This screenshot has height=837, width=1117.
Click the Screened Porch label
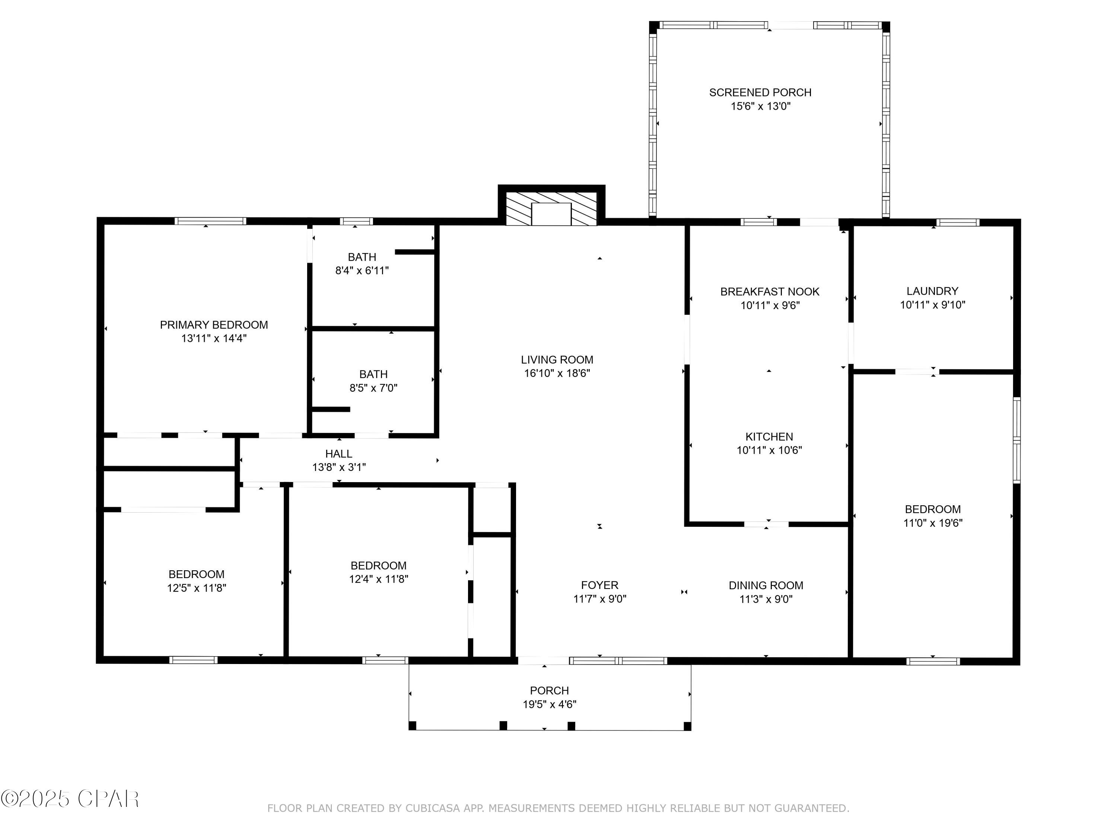760,92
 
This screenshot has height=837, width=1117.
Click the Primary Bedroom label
214,325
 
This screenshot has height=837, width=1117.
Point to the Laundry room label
932,291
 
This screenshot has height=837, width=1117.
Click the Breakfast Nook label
770,292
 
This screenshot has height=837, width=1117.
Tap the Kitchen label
769,436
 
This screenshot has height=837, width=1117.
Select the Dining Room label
766,585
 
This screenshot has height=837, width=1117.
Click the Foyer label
599,585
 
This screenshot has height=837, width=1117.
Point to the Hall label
338,453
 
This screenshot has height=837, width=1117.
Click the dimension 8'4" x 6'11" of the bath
362,270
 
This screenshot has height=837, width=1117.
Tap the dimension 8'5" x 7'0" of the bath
373,388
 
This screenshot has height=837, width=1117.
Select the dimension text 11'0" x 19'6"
933,523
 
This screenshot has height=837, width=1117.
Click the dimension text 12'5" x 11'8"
197,588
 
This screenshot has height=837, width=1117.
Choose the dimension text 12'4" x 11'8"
378,579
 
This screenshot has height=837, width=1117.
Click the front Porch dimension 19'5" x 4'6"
550,704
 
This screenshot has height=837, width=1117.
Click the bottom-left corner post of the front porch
412,725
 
